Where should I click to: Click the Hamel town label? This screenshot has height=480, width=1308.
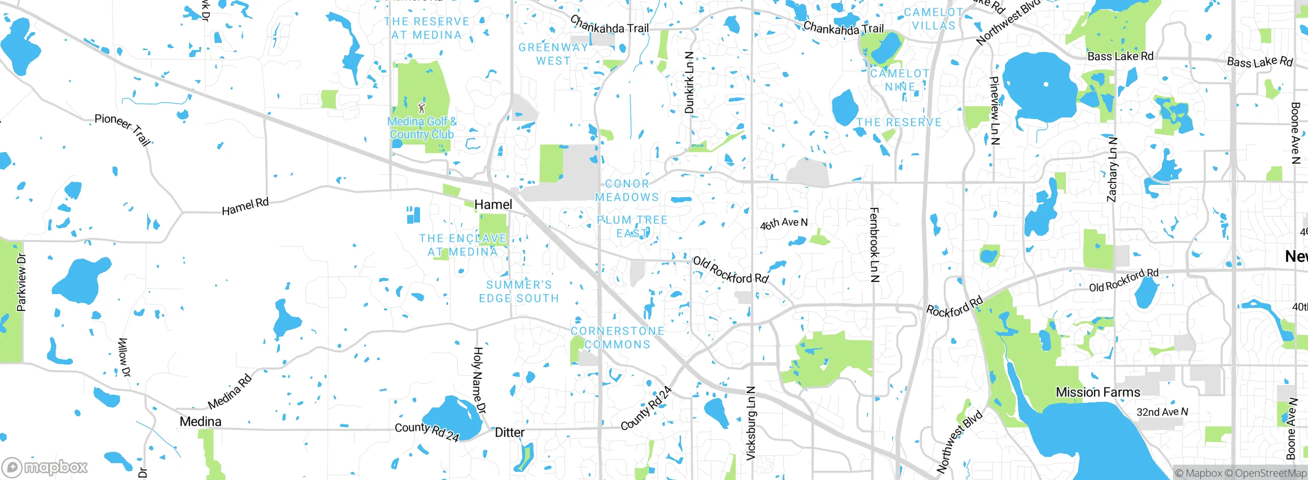[493, 205]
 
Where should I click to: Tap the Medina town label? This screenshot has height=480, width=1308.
[200, 422]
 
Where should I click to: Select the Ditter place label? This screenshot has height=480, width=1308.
[509, 433]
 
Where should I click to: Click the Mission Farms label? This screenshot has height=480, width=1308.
[1097, 392]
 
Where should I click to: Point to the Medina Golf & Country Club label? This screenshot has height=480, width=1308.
[422, 128]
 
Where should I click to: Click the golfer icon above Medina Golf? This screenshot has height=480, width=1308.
[422, 108]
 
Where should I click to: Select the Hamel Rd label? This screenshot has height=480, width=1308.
[245, 206]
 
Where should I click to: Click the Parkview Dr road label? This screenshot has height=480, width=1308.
[21, 283]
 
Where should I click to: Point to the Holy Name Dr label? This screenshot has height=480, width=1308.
[479, 380]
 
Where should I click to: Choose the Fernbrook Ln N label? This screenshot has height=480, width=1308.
[874, 245]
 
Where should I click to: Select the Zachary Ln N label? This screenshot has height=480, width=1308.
[1112, 170]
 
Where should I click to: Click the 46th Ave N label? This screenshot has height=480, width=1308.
[783, 223]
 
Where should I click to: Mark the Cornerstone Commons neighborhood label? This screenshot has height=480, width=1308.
[617, 338]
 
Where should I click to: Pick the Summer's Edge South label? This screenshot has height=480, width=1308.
[519, 292]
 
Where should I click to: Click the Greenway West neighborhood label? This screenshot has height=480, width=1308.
[553, 54]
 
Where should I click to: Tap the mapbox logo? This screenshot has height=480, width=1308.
[45, 467]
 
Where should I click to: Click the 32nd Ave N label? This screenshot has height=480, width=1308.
[1162, 412]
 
